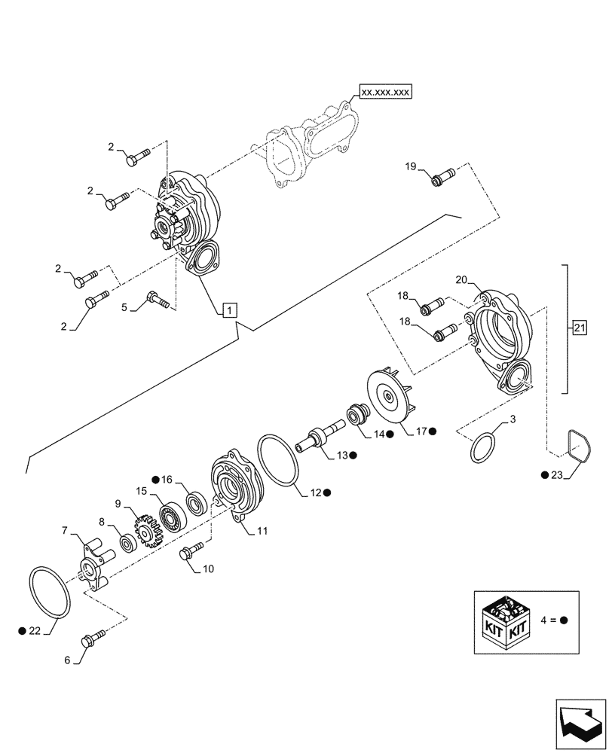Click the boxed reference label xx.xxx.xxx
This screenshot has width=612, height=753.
point(385,92)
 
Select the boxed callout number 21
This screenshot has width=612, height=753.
point(579,328)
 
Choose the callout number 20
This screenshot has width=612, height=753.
point(462,279)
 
